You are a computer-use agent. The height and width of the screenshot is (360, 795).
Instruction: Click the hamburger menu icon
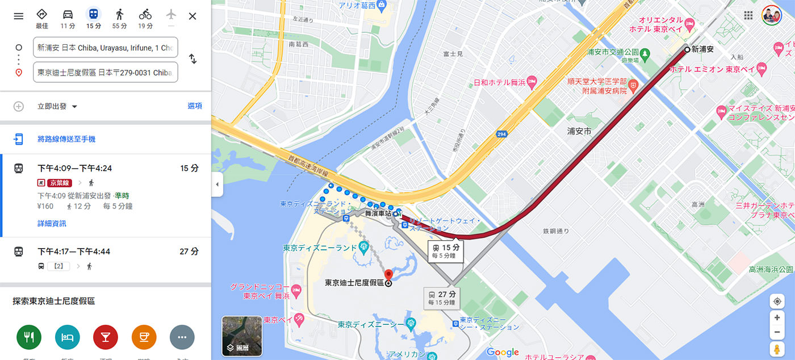tap(19, 16)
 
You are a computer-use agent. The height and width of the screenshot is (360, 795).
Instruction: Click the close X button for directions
tap(193, 16)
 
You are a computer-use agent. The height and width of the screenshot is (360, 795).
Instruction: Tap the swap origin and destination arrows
tap(193, 59)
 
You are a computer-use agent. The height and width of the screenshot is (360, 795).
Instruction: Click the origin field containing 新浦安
tap(106, 48)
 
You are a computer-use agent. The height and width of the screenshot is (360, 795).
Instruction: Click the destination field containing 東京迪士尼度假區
tap(106, 73)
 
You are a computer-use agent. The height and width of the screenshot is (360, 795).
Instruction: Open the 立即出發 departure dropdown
tap(57, 106)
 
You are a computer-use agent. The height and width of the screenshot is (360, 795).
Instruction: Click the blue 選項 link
tap(195, 106)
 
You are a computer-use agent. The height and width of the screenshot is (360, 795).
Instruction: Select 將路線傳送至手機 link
tap(66, 139)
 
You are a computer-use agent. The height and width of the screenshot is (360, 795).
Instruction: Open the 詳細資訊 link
tap(52, 224)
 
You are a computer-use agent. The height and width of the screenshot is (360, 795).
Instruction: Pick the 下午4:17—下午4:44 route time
tap(74, 252)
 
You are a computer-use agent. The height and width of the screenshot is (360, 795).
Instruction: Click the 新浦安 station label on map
tap(702, 50)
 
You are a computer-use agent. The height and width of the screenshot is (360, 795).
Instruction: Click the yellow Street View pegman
tap(777, 348)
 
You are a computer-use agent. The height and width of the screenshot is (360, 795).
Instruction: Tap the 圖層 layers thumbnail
tap(242, 336)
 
